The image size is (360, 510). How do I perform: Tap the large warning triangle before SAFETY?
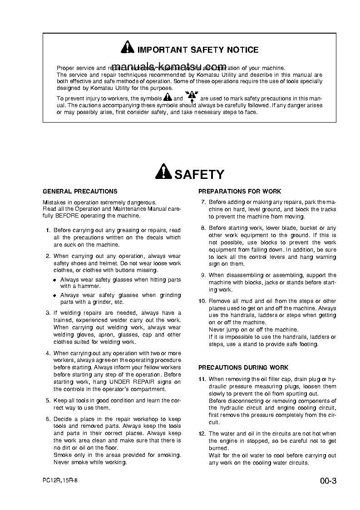(163, 172)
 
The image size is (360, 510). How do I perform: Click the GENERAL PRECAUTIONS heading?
(80, 192)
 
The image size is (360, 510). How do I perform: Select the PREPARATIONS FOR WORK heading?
(240, 192)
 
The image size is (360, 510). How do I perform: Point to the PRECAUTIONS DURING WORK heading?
(243, 367)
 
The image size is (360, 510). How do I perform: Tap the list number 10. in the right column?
(202, 301)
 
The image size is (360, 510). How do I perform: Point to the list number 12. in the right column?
(202, 434)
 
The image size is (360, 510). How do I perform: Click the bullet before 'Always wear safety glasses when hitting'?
(55, 280)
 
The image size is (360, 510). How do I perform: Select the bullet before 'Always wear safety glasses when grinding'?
(55, 296)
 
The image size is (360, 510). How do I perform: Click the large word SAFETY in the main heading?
(199, 174)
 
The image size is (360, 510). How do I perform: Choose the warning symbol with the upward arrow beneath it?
(192, 96)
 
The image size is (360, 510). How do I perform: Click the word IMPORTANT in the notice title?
(158, 50)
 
